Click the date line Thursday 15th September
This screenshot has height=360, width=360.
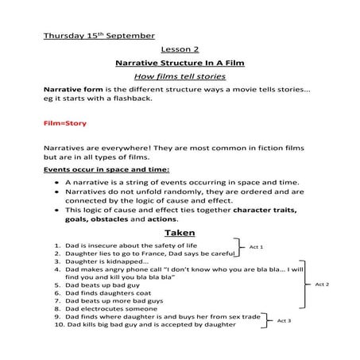click(99, 36)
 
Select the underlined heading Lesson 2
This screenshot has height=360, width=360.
click(179, 48)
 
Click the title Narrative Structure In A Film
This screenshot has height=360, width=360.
click(179, 62)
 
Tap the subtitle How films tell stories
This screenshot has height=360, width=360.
click(179, 76)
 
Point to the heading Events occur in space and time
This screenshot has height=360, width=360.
click(106, 169)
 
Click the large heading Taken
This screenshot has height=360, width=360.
click(179, 232)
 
